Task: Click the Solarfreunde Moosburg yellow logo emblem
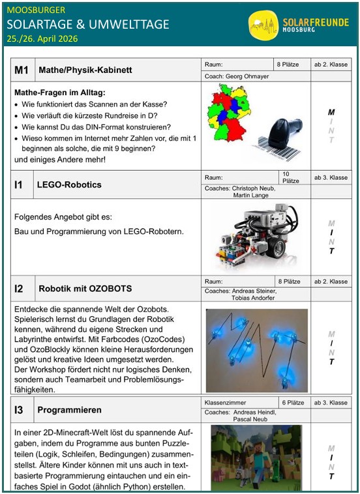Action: click(x=263, y=25)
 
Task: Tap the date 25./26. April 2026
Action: click(x=42, y=38)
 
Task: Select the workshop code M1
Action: click(x=22, y=70)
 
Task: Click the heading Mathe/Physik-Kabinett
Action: click(x=85, y=70)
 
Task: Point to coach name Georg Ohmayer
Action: click(x=247, y=76)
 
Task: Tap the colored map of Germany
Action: click(x=229, y=113)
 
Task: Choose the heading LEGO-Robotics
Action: click(x=69, y=184)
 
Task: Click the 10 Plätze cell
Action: click(x=290, y=178)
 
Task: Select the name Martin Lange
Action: click(x=251, y=196)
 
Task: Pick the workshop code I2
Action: click(x=19, y=289)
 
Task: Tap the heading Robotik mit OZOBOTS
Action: click(x=85, y=289)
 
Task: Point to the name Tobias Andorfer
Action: click(x=253, y=298)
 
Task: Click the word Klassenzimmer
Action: click(x=226, y=403)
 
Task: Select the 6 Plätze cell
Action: click(x=293, y=403)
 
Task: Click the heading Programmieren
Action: click(x=70, y=410)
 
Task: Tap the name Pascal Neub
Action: click(x=250, y=419)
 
